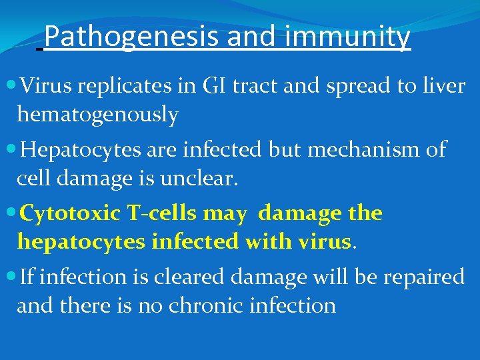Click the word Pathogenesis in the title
(133, 37)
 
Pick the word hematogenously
(97, 115)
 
